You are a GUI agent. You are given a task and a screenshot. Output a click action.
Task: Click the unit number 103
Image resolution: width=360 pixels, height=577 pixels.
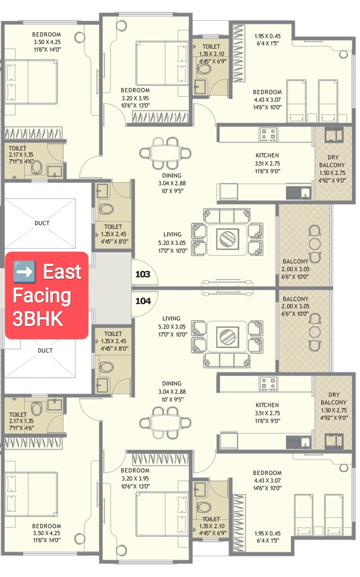point(143,275)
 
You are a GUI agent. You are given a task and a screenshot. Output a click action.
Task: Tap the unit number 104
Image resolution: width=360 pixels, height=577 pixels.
point(143,301)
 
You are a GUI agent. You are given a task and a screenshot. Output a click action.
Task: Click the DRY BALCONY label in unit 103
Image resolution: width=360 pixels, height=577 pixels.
point(332,161)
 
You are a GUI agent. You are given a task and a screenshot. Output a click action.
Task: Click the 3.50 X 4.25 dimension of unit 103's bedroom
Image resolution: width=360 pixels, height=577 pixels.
point(46,42)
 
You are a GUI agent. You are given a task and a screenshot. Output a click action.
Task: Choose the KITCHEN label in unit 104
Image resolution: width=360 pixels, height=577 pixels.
point(267,405)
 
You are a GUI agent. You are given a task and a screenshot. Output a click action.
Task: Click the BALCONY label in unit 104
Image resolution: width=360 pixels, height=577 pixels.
point(295,299)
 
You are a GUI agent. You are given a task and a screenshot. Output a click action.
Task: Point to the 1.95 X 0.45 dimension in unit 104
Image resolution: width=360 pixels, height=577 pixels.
point(267,534)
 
